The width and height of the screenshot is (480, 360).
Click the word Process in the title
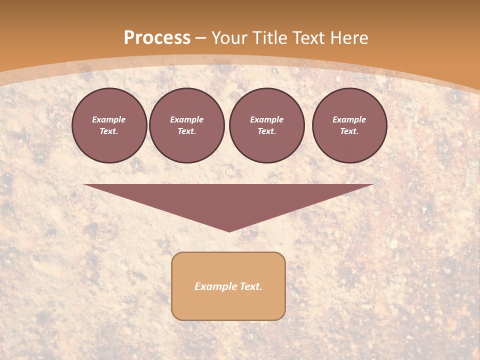click(157, 37)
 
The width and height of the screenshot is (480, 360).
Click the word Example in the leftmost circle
click(109, 119)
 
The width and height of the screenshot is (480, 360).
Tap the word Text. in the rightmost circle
click(349, 131)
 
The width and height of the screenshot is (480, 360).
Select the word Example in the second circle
click(186, 119)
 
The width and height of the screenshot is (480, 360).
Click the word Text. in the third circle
click(266, 131)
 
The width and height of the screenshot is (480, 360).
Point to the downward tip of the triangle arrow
click(229, 230)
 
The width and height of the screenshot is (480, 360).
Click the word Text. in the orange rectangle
click(250, 286)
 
